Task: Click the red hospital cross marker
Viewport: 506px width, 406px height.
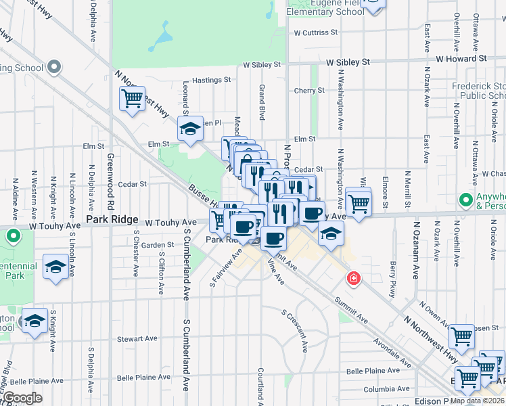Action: [352, 278]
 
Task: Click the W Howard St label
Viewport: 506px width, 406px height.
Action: [461, 59]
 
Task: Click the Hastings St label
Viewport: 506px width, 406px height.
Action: [211, 80]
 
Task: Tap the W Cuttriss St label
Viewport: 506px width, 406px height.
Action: [315, 32]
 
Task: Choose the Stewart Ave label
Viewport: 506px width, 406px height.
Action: [137, 339]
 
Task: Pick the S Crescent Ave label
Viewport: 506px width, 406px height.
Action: [296, 332]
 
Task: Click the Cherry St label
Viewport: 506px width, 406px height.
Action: [309, 91]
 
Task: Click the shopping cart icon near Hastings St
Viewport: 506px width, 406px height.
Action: [133, 99]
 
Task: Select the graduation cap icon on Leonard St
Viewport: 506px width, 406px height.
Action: [191, 129]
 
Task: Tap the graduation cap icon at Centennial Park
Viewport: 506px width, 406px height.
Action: [55, 267]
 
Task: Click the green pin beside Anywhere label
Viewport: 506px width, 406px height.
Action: [465, 200]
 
